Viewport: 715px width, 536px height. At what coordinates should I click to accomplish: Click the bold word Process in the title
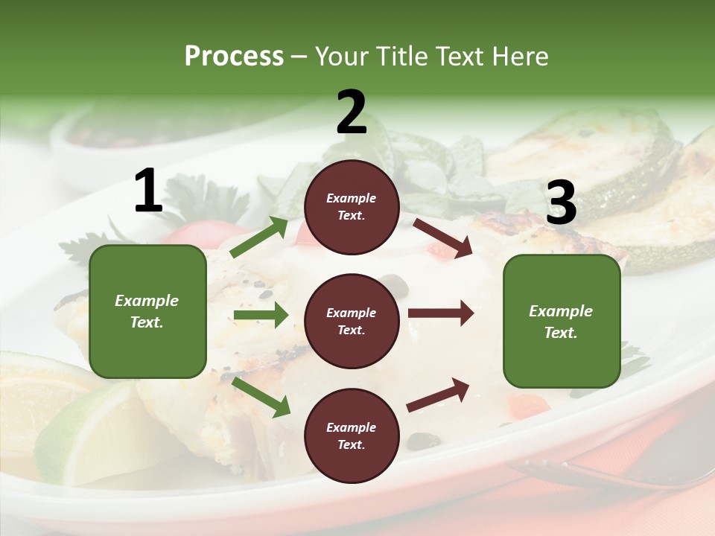click(x=234, y=56)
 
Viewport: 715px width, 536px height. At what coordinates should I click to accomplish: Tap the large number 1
click(x=148, y=191)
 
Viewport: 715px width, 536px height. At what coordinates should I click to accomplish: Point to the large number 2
click(x=352, y=112)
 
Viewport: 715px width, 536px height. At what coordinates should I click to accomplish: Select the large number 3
click(x=561, y=203)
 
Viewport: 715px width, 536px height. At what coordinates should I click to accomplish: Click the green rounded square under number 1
click(x=147, y=311)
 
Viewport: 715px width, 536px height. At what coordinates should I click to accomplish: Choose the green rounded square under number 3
click(x=562, y=322)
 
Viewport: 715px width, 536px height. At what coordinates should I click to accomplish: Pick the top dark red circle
click(x=352, y=207)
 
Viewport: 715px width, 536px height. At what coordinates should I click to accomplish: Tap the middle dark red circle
click(x=352, y=322)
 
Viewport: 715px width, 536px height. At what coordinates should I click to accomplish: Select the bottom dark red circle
click(x=352, y=436)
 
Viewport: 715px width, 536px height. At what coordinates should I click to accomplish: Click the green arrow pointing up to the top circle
click(x=259, y=237)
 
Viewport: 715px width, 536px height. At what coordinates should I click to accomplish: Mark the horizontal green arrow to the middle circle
click(x=261, y=315)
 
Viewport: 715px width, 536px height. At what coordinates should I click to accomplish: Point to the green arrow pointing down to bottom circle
click(x=261, y=398)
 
